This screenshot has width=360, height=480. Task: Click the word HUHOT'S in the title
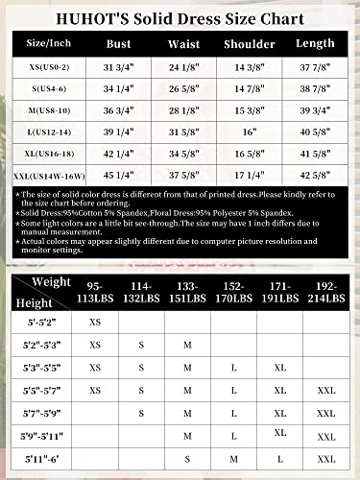(x=65, y=18)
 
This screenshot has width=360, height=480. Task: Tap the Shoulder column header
(x=250, y=43)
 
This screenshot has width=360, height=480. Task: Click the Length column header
(x=313, y=43)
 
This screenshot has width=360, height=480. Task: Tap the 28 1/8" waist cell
(x=184, y=109)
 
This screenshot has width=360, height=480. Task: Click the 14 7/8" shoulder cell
(x=250, y=87)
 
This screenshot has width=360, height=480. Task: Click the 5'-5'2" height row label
(x=42, y=322)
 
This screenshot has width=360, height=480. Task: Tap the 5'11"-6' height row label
(x=42, y=460)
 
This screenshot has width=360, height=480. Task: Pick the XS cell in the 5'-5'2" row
(x=94, y=322)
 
